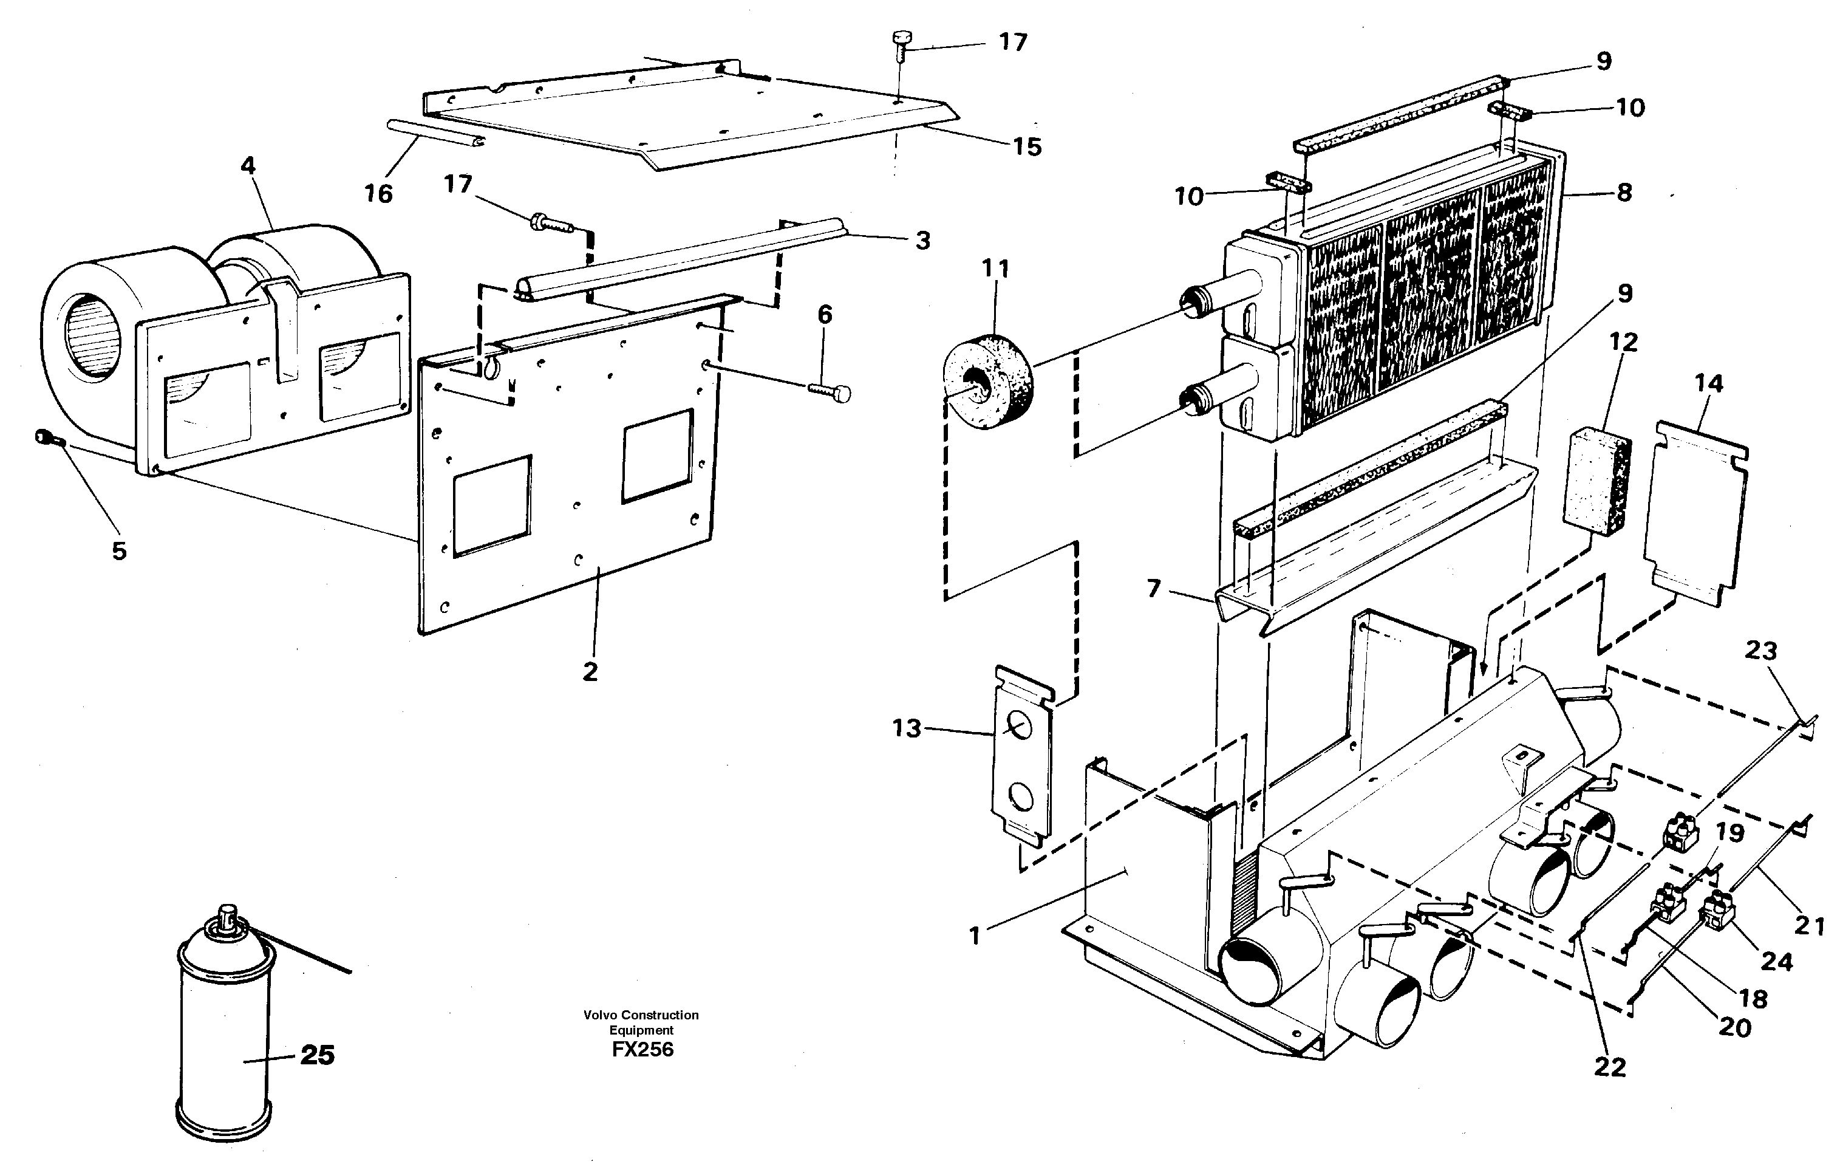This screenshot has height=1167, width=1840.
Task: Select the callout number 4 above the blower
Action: (248, 166)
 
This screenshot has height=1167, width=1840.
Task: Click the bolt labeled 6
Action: (829, 391)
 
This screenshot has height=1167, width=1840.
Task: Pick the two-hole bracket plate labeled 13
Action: (1023, 756)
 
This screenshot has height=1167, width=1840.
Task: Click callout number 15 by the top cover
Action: (1027, 147)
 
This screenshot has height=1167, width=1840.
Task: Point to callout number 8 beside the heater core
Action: (1624, 193)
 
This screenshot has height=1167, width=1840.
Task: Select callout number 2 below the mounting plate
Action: (590, 672)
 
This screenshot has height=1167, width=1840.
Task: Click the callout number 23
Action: (1760, 651)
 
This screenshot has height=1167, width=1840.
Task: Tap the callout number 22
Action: (1610, 1067)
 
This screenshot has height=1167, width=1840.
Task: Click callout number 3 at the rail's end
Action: (923, 241)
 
